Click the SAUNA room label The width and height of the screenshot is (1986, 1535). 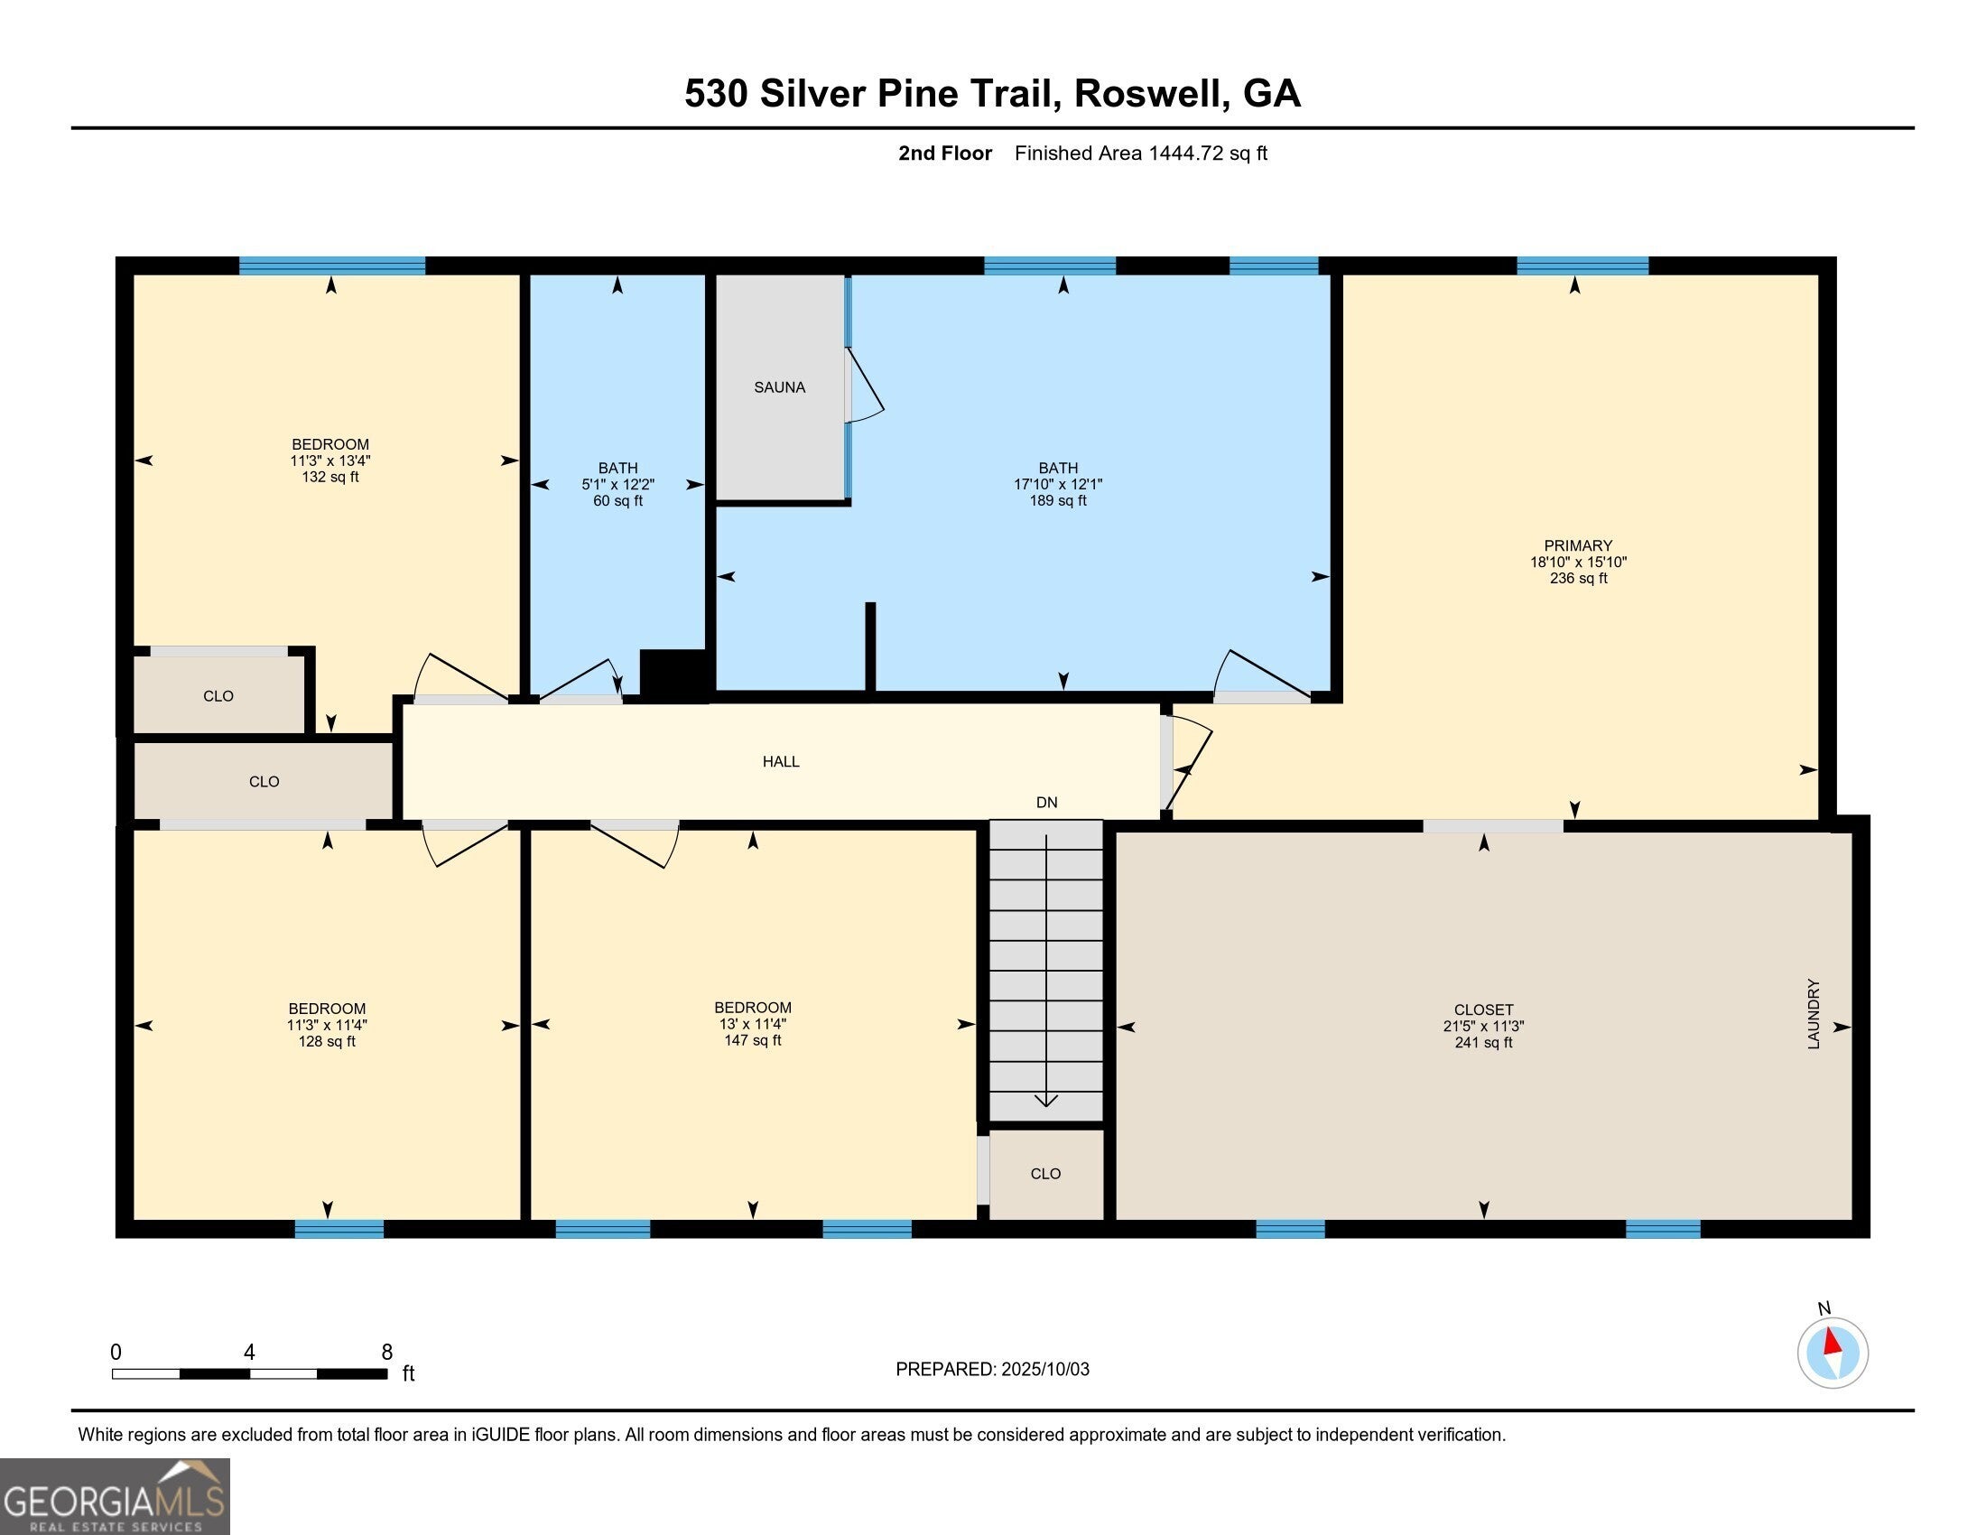pos(779,387)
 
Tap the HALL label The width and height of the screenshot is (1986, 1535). pos(781,762)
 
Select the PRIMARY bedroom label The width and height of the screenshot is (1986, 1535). pos(1578,545)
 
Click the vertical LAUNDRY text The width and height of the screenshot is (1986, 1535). pos(1814,1014)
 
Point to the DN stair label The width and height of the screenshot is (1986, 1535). pos(1046,802)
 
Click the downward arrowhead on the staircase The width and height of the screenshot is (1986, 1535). pos(1046,1102)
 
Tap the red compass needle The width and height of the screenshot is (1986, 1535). pos(1833,1342)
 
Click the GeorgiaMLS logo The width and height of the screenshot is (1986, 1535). pos(115,1496)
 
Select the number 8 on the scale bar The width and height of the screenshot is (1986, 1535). pos(386,1353)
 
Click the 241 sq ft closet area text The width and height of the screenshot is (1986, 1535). pos(1483,1042)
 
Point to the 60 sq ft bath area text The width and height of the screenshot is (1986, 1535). pos(617,500)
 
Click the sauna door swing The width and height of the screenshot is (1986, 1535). pos(865,386)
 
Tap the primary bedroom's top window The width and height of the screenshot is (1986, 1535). pos(1582,265)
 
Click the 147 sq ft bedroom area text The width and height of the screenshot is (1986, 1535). pos(752,1040)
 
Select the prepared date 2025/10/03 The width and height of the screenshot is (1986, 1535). pos(1044,1370)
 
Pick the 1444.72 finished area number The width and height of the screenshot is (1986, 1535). pos(1186,153)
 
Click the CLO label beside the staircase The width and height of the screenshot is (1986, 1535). pos(1045,1174)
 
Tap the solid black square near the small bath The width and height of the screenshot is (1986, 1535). pos(673,674)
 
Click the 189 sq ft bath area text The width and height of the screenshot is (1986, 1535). pos(1058,500)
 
